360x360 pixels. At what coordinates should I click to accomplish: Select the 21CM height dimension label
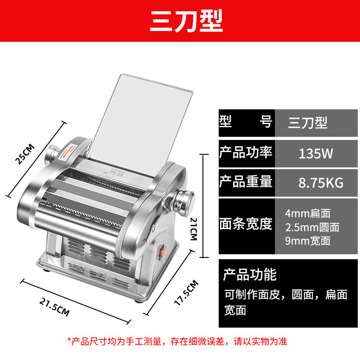tap(193, 228)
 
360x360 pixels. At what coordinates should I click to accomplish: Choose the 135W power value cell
tap(315, 154)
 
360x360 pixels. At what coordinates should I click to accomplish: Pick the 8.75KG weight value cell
tap(315, 183)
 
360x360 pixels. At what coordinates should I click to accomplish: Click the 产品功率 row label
tap(246, 153)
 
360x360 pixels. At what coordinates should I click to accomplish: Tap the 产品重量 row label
tap(246, 182)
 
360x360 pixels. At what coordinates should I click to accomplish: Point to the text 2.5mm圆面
tap(312, 227)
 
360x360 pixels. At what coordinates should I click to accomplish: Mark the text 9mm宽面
tap(308, 241)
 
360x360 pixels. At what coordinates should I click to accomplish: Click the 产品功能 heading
tap(250, 274)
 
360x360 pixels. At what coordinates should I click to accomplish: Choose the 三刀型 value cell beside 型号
tap(309, 122)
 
